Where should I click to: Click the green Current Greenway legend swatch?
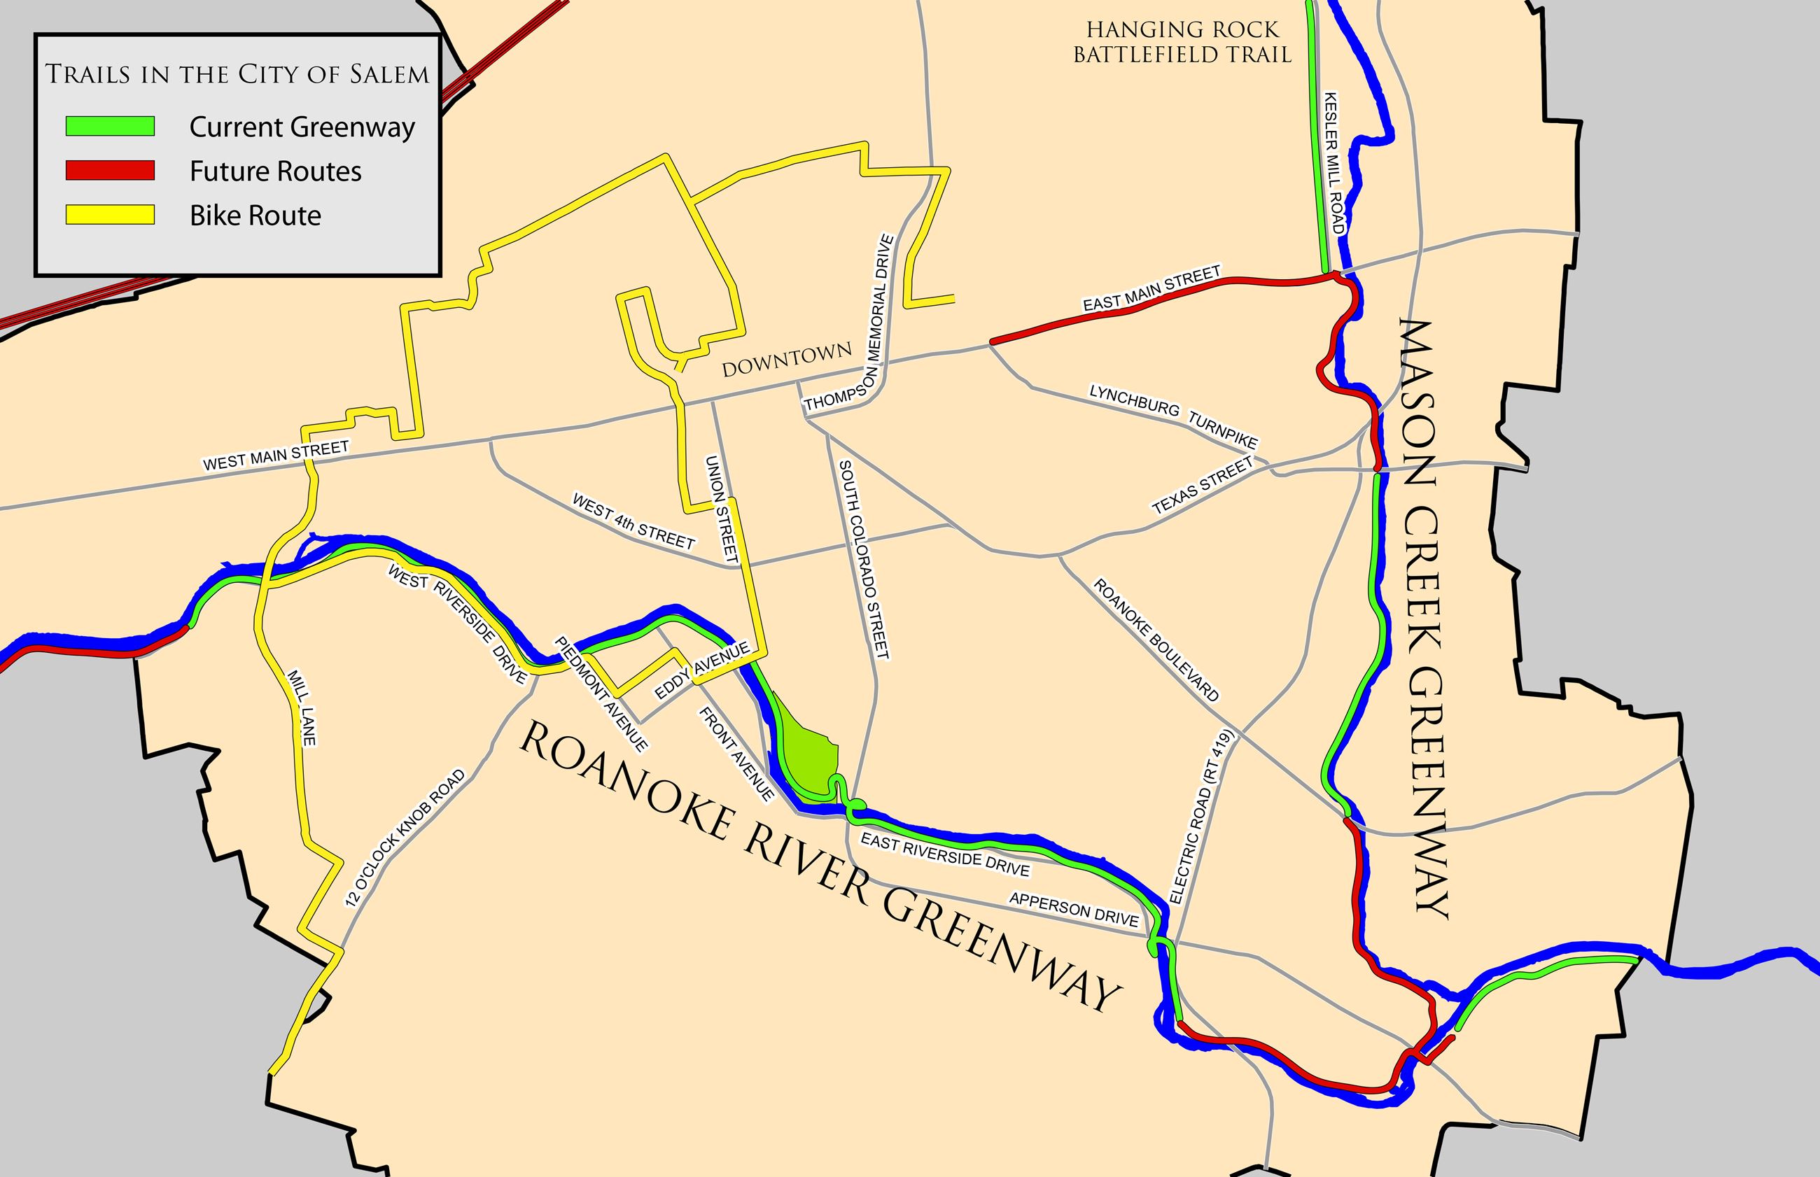tap(110, 126)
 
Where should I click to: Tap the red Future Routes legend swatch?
tap(110, 171)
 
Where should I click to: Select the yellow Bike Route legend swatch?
tap(110, 215)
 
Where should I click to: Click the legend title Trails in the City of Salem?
tap(237, 74)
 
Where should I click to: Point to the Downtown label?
tap(787, 359)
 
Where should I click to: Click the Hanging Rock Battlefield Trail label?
tap(1182, 42)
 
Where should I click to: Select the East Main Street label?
tap(1152, 288)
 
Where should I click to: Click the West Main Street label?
tap(276, 455)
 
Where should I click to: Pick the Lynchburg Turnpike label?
tap(1172, 416)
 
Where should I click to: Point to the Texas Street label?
tap(1203, 484)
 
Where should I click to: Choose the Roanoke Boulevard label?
tap(1156, 640)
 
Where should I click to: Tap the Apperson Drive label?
tap(1074, 910)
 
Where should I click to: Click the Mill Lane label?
tap(301, 707)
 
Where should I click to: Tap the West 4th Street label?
tap(633, 522)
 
